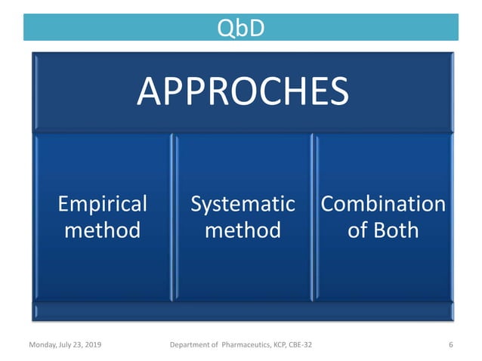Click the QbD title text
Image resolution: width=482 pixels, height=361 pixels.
(240, 28)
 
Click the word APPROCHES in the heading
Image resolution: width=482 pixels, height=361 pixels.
(243, 92)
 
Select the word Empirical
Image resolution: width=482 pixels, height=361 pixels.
(102, 204)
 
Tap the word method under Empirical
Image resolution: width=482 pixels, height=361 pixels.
(102, 229)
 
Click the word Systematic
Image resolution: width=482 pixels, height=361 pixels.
(243, 204)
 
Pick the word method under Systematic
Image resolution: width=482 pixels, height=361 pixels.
(243, 229)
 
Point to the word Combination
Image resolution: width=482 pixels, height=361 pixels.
(383, 204)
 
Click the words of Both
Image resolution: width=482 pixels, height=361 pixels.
(383, 229)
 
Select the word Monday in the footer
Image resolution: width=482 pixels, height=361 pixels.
(44, 345)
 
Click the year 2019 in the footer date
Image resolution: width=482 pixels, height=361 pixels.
(91, 345)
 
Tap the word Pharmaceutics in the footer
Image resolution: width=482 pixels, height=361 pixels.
(234, 345)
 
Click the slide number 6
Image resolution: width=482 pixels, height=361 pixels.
(450, 345)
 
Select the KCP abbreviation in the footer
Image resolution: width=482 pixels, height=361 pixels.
(273, 345)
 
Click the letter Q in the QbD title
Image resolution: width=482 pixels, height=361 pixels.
(224, 28)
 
